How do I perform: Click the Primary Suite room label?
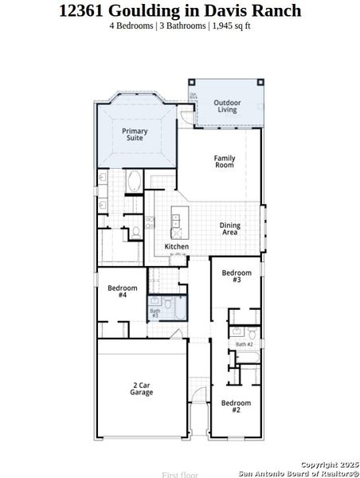tap(135, 135)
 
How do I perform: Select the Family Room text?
tap(225, 162)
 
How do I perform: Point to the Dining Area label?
tap(229, 229)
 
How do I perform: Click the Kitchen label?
tap(176, 247)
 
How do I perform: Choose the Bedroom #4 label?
tap(123, 291)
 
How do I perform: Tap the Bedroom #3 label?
tap(237, 276)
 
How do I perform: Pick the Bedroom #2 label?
tap(237, 406)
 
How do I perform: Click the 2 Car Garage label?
tap(142, 389)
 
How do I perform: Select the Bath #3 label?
tap(155, 313)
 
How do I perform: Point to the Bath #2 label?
tap(244, 343)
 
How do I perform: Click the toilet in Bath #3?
tap(168, 303)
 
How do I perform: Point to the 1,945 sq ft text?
tap(229, 25)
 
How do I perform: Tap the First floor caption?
tap(174, 474)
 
